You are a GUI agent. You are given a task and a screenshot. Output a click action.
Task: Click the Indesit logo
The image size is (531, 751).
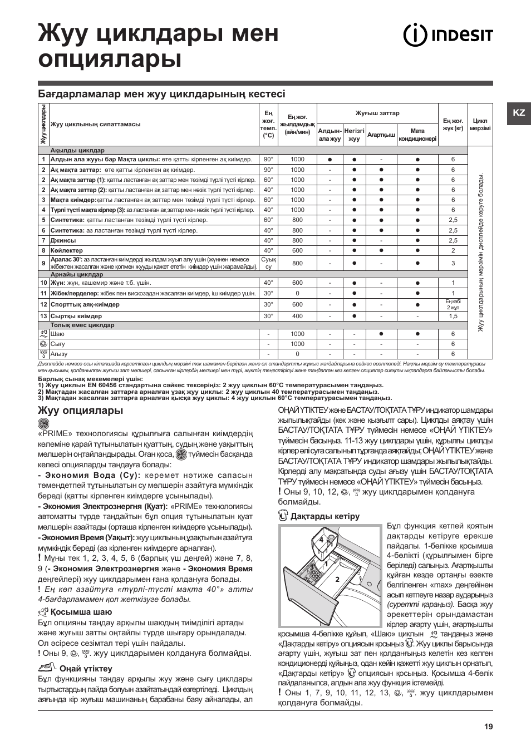[448, 36]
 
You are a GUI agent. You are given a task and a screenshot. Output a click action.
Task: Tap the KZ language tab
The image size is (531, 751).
[518, 112]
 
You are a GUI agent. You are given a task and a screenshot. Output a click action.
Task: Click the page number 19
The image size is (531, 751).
[488, 726]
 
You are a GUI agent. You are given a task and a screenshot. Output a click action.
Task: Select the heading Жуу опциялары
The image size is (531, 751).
[80, 411]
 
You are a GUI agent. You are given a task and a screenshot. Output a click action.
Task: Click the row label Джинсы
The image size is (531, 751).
[63, 240]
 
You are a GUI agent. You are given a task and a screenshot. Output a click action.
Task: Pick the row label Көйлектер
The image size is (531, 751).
[66, 250]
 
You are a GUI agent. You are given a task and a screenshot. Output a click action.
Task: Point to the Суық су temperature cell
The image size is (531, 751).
[268, 263]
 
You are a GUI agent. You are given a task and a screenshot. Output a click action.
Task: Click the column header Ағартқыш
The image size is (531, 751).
[381, 135]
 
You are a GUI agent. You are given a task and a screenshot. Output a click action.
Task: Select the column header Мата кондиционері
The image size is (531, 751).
[417, 135]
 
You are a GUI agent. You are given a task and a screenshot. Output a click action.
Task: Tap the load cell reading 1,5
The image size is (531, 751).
[453, 316]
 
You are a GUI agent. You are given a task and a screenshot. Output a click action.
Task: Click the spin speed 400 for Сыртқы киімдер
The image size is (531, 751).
[297, 316]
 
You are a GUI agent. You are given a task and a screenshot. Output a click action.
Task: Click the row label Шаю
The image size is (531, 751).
[57, 334]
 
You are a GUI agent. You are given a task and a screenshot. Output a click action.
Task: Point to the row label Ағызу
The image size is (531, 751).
[58, 354]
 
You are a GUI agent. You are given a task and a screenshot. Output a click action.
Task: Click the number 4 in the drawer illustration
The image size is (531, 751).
[321, 540]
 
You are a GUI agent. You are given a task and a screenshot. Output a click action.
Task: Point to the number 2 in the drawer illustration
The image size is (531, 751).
[337, 579]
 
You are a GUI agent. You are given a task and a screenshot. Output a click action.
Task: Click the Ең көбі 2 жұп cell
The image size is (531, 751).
[453, 304]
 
